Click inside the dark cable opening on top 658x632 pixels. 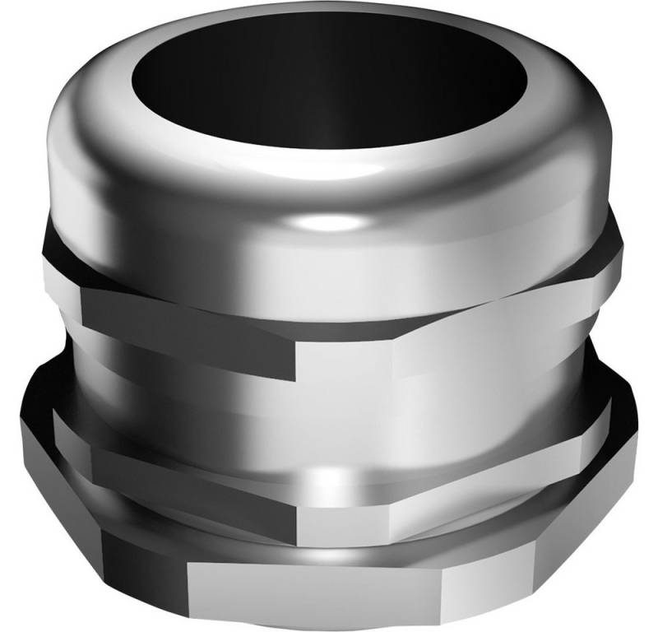pyautogui.click(x=329, y=91)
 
